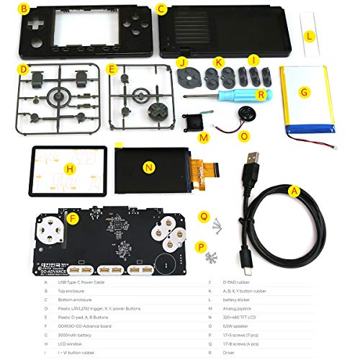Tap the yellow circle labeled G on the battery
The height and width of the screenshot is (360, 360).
tap(305, 91)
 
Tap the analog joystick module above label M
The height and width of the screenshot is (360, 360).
tap(193, 120)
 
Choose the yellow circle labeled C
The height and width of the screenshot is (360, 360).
tap(162, 9)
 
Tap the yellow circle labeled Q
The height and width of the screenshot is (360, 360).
tap(204, 215)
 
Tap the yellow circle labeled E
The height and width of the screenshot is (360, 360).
tap(112, 69)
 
